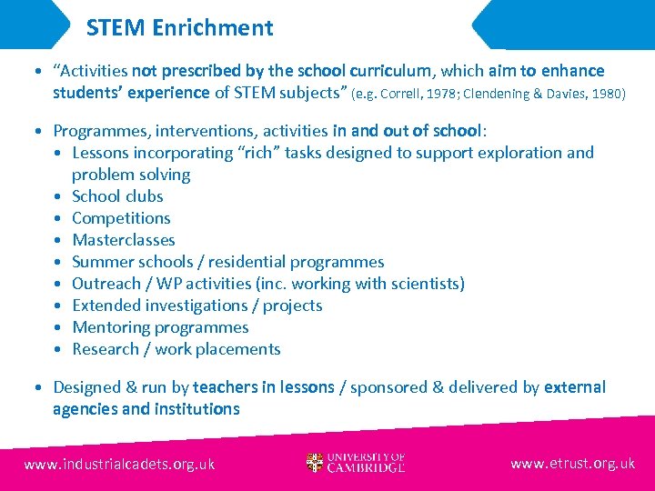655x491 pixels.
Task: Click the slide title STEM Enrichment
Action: pyautogui.click(x=179, y=27)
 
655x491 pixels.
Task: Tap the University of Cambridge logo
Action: pyautogui.click(x=356, y=463)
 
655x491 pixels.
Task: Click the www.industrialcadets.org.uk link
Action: pyautogui.click(x=119, y=464)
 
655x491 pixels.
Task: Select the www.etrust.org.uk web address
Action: pyautogui.click(x=572, y=463)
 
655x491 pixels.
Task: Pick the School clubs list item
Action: pyautogui.click(x=117, y=196)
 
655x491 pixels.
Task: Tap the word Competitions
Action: pyautogui.click(x=121, y=218)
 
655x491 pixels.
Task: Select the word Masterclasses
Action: pyautogui.click(x=123, y=240)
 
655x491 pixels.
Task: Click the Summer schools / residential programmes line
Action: pyautogui.click(x=227, y=262)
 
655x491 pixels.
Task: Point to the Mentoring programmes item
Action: pyautogui.click(x=160, y=327)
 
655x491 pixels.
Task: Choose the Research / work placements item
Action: pyautogui.click(x=176, y=349)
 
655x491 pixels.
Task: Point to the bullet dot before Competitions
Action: pyautogui.click(x=58, y=218)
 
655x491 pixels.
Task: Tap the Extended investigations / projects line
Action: pyautogui.click(x=196, y=306)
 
